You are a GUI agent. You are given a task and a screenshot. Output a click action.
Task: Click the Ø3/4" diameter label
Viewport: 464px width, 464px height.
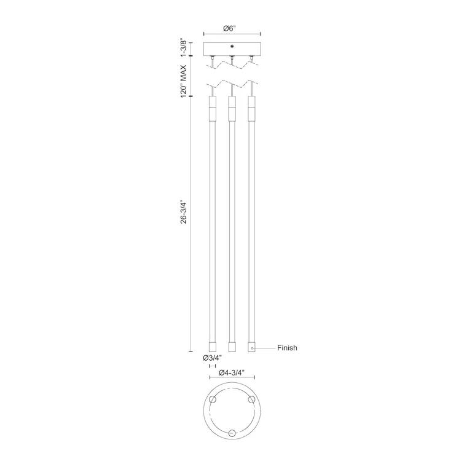click(212, 357)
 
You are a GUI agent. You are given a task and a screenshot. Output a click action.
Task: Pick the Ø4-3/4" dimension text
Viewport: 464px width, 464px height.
click(232, 372)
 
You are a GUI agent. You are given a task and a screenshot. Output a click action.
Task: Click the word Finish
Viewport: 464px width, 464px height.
click(287, 348)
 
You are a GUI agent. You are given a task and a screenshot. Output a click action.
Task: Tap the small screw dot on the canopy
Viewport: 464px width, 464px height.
click(232, 45)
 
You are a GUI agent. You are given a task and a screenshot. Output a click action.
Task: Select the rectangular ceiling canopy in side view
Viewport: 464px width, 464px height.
click(232, 49)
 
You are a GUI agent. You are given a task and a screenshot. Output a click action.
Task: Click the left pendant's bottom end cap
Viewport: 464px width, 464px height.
click(213, 346)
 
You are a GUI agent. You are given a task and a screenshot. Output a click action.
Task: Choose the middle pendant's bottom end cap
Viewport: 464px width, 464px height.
click(232, 346)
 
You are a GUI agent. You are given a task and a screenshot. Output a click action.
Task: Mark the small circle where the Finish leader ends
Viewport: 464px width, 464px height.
click(251, 348)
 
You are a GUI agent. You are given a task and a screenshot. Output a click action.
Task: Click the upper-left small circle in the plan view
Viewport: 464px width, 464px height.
click(213, 399)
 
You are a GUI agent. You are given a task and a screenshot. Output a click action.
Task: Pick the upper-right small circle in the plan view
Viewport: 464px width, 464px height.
click(251, 399)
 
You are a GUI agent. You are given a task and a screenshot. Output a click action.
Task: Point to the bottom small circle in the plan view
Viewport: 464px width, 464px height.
click(232, 433)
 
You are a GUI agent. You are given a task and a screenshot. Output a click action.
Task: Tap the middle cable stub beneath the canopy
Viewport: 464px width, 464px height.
click(232, 61)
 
